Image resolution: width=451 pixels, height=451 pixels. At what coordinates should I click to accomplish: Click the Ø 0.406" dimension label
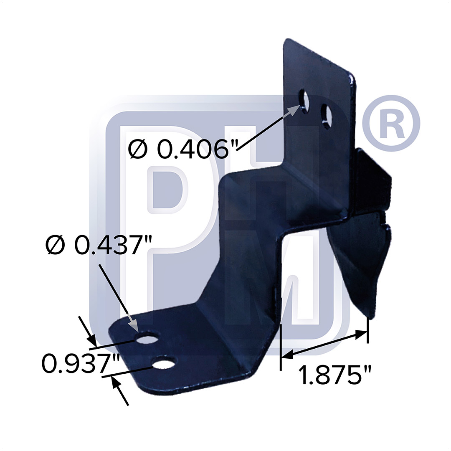click(183, 149)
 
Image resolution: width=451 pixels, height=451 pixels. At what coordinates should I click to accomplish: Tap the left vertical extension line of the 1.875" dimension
click(281, 347)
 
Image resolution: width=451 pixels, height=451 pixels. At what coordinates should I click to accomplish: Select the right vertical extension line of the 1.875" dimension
click(367, 330)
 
